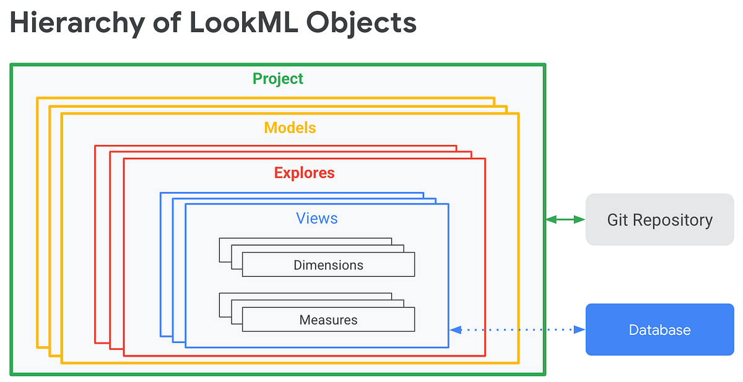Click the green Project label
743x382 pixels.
click(x=278, y=79)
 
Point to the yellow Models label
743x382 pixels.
click(x=290, y=128)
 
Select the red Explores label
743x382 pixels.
click(x=304, y=173)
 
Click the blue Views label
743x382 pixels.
click(x=316, y=218)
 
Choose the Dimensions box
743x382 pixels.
click(x=328, y=265)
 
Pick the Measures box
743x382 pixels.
click(x=328, y=320)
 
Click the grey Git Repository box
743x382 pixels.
click(x=659, y=220)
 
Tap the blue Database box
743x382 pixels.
click(x=659, y=330)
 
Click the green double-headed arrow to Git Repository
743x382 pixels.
click(x=566, y=219)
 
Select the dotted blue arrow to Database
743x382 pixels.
click(x=518, y=330)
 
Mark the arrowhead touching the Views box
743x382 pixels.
click(x=455, y=330)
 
